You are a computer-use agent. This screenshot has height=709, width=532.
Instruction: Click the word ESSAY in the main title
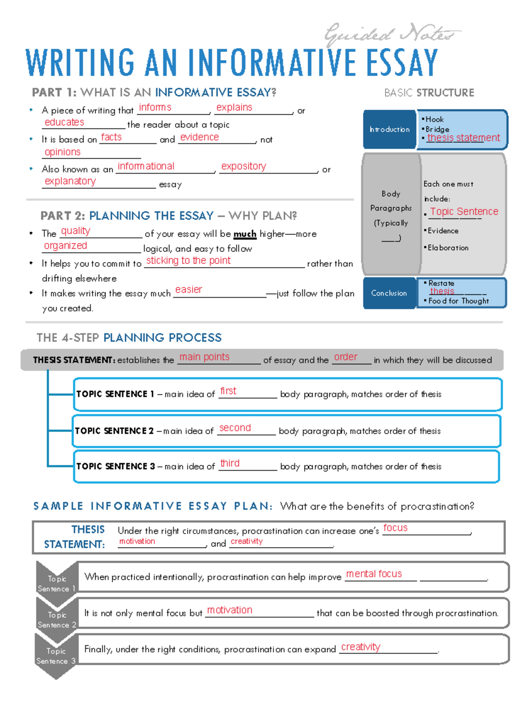(402, 63)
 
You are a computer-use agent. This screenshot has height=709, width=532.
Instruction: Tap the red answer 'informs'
(155, 107)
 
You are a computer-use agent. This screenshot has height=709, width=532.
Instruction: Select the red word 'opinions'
(63, 152)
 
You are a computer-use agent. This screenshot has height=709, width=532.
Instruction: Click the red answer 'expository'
(243, 166)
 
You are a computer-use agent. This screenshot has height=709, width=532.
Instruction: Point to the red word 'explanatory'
(70, 181)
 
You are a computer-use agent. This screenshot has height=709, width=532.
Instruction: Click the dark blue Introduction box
(390, 129)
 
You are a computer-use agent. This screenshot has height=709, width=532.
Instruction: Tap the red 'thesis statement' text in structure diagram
(463, 138)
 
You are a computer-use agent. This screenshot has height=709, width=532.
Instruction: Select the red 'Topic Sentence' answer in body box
(464, 211)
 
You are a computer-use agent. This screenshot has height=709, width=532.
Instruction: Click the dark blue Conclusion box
(389, 293)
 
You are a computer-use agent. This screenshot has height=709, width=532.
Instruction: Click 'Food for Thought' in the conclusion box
(458, 301)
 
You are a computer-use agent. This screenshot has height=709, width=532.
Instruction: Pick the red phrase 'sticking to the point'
(188, 261)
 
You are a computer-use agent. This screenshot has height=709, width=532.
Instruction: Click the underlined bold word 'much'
(245, 234)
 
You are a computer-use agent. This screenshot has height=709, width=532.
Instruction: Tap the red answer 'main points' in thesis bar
(204, 357)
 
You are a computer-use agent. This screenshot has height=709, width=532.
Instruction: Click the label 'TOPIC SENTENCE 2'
(114, 431)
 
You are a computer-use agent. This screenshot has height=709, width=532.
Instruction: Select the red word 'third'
(230, 463)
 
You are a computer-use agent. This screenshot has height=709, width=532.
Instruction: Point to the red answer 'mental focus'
(374, 574)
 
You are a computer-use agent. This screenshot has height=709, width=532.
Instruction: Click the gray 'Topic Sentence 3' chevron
(56, 656)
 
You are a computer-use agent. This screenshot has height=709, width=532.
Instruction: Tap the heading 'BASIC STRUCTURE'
(429, 93)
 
